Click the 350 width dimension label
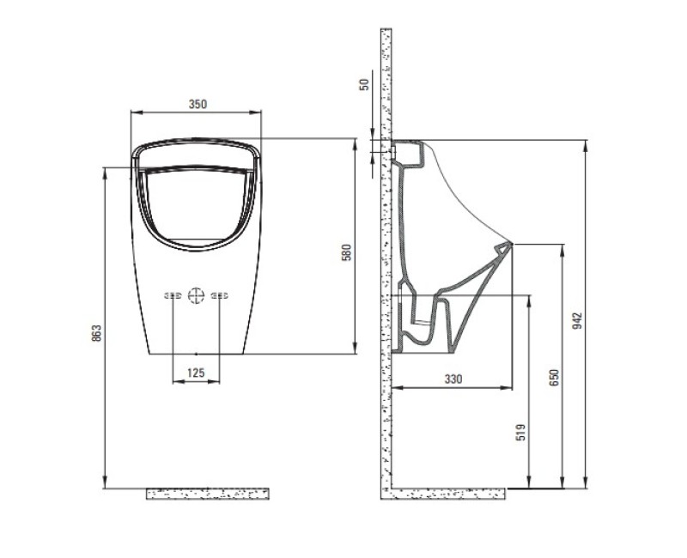coord(198,104)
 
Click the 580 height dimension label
coord(346,252)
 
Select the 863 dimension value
coord(96,333)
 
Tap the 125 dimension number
coord(196,373)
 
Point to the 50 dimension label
coord(364,84)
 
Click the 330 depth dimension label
coord(453,379)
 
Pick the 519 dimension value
coord(520,432)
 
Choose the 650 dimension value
coord(554,378)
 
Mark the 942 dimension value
coord(578,320)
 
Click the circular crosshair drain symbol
coord(196,295)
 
